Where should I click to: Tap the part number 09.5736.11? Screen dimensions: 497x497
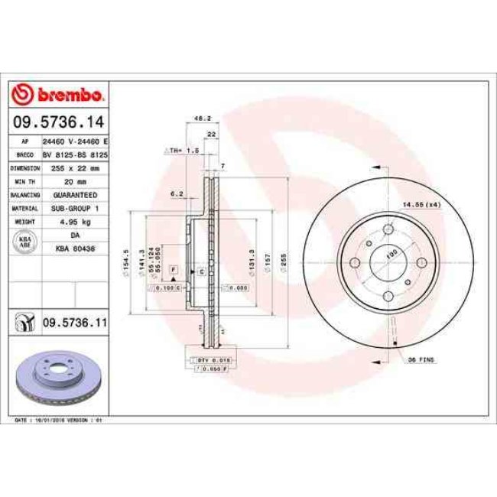point(73,323)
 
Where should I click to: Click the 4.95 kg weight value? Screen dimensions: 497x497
point(75,220)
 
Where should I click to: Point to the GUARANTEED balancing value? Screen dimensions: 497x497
point(75,195)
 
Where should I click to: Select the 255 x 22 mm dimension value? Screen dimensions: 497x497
point(75,167)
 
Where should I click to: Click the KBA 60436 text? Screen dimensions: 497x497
point(75,248)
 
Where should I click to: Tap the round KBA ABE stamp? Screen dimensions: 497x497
point(24,242)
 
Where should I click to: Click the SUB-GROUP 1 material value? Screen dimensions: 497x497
point(75,207)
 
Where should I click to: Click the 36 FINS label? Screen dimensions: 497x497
point(421,359)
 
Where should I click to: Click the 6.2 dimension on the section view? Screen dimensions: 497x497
point(177,194)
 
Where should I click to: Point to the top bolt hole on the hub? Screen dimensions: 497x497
point(387,229)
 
